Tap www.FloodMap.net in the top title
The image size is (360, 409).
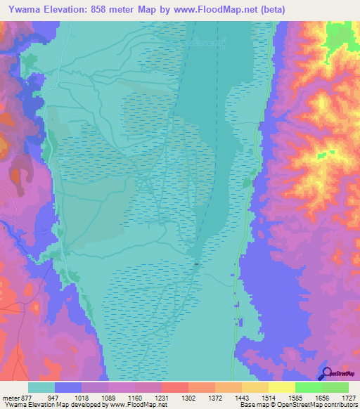pyautogui.click(x=227, y=11)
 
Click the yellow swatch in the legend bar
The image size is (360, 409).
pyautogui.click(x=281, y=387)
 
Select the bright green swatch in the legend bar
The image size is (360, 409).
pyautogui.click(x=308, y=387)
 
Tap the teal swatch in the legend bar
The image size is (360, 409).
pyautogui.click(x=41, y=387)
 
